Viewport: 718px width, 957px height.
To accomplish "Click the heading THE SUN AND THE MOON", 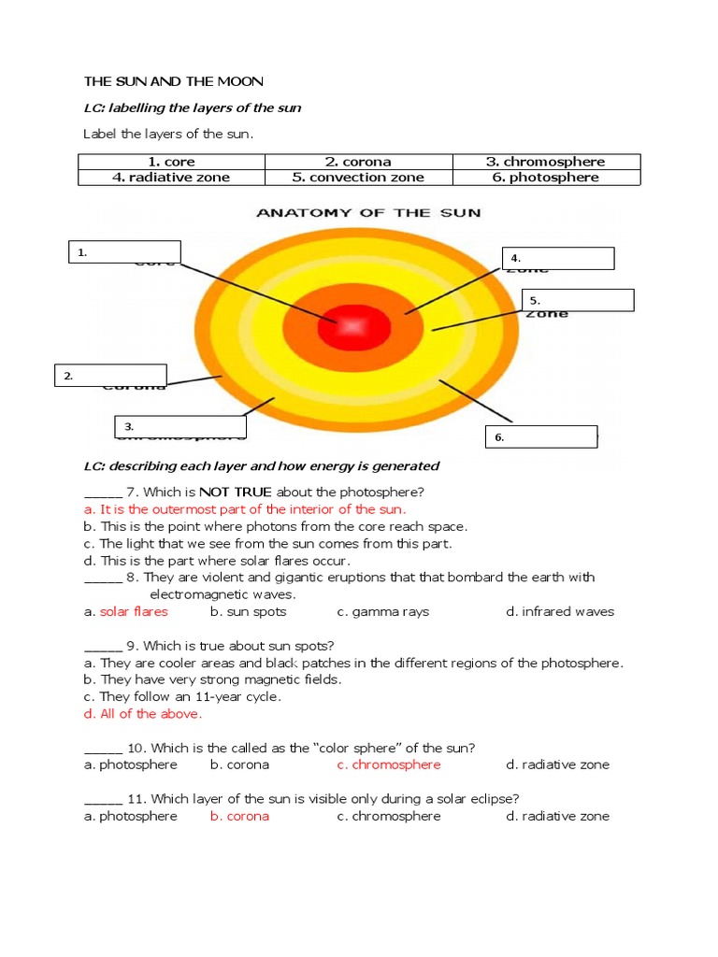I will tap(174, 81).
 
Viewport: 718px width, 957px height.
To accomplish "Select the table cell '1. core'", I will tap(172, 162).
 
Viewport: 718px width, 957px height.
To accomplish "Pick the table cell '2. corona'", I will tap(358, 162).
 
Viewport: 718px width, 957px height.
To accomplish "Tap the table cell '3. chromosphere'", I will tap(546, 162).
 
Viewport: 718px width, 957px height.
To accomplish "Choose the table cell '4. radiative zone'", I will tap(172, 178).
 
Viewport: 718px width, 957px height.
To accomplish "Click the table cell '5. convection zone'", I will tap(358, 178).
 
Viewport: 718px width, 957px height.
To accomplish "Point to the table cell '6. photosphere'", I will tap(546, 178).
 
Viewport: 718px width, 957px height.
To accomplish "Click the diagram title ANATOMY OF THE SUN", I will tap(368, 212).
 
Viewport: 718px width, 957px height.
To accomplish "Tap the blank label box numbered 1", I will tap(124, 251).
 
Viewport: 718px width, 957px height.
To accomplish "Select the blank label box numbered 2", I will tap(111, 376).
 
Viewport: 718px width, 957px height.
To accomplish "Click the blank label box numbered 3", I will tap(179, 427).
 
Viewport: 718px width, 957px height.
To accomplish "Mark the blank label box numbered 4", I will tap(558, 258).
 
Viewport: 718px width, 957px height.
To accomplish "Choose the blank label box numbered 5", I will tap(578, 300).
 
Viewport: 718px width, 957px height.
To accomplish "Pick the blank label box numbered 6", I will tap(541, 436).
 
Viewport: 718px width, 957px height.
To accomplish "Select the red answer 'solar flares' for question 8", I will tap(134, 611).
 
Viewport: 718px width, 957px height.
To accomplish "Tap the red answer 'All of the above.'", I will tap(151, 714).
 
